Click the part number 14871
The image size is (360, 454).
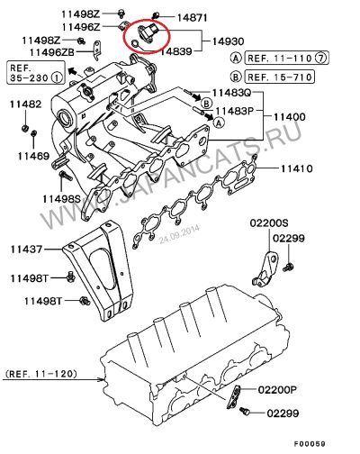click(x=192, y=18)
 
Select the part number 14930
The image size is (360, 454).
click(x=229, y=41)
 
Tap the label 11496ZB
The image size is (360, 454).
click(x=52, y=52)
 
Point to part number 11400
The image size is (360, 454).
click(x=289, y=117)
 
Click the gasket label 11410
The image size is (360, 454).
click(x=297, y=168)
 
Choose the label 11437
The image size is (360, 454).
click(x=26, y=250)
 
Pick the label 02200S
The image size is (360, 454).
click(x=269, y=223)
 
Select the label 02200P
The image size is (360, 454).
click(x=277, y=390)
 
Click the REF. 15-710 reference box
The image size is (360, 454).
click(x=280, y=77)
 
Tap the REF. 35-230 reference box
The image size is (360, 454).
click(x=36, y=72)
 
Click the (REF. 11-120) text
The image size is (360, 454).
click(x=41, y=374)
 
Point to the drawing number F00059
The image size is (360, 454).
click(x=310, y=444)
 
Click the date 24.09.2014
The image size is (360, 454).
click(x=179, y=235)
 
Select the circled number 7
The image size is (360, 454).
click(x=321, y=58)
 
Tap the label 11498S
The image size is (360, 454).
click(x=62, y=198)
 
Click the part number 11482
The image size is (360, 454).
click(x=25, y=104)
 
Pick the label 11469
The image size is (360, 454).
click(x=33, y=156)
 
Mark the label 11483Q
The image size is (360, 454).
click(x=231, y=93)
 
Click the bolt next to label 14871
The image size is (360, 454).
click(x=156, y=15)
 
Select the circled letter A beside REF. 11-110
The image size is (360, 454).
click(x=236, y=58)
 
